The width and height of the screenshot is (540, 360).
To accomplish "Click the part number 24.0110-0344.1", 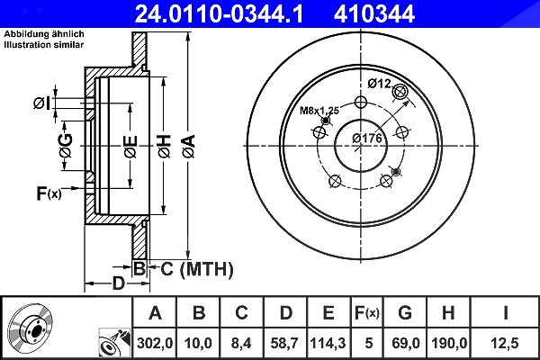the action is (219, 14).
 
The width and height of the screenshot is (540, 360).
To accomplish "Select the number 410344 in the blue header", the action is (374, 14).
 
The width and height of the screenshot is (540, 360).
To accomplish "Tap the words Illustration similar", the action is (44, 45).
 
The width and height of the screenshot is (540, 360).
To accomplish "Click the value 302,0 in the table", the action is (155, 343).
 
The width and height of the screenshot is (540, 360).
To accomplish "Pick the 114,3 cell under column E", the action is (328, 343).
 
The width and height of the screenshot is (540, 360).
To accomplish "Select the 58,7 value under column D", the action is (284, 343).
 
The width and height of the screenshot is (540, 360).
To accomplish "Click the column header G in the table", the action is (405, 313).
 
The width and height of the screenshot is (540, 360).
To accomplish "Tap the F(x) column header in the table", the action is (367, 313).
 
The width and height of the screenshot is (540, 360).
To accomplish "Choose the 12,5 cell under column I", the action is (505, 343).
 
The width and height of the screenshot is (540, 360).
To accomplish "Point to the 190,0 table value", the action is (449, 343).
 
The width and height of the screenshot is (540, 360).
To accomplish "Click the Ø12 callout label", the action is (380, 84).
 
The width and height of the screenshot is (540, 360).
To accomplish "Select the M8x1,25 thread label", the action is (319, 111).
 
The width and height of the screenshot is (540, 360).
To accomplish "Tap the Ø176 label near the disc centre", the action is (367, 138).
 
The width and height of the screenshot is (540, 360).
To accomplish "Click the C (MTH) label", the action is (196, 269).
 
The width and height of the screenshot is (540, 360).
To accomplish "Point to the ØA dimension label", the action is (189, 147).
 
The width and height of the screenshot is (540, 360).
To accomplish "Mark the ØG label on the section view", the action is (66, 146).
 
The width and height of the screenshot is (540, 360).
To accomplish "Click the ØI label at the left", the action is (42, 103).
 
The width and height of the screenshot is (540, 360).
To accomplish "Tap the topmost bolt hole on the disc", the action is (361, 102).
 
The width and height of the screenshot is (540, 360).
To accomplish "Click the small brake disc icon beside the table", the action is (31, 325).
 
